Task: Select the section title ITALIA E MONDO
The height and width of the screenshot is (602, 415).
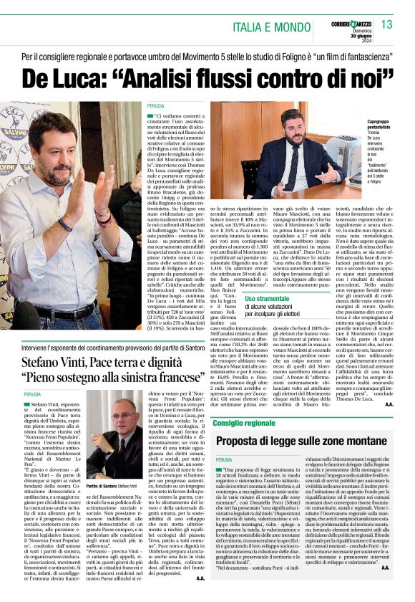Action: click(268, 27)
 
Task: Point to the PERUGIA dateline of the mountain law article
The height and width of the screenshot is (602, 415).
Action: click(225, 459)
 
